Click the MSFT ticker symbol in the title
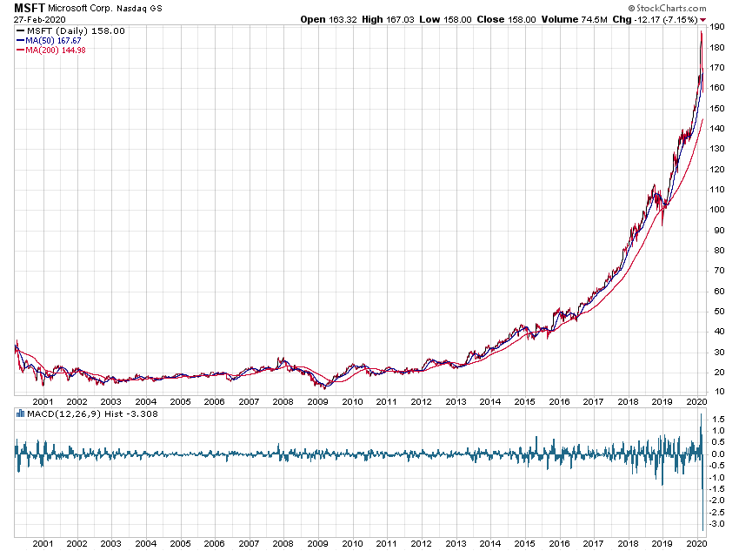(29, 7)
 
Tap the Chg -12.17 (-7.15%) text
(655, 19)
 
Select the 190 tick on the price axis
(717, 27)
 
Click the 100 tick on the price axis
(717, 209)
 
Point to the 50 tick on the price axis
(716, 311)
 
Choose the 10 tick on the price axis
(716, 392)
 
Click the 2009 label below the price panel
(317, 402)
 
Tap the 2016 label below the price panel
(559, 402)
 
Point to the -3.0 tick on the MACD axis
(718, 524)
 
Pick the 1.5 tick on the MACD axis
(718, 419)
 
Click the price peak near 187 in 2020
(701, 33)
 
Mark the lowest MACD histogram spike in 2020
(702, 529)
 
